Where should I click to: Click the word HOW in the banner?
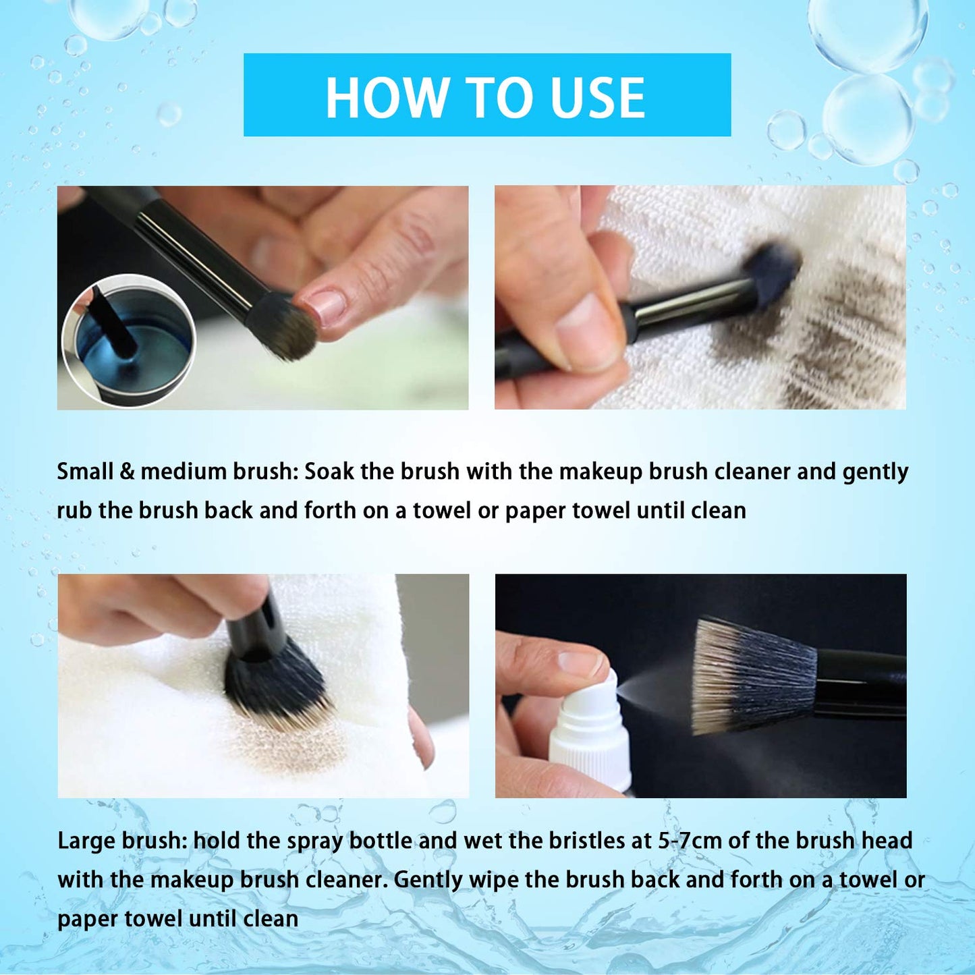(x=387, y=98)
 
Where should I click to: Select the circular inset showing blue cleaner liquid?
(x=128, y=341)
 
